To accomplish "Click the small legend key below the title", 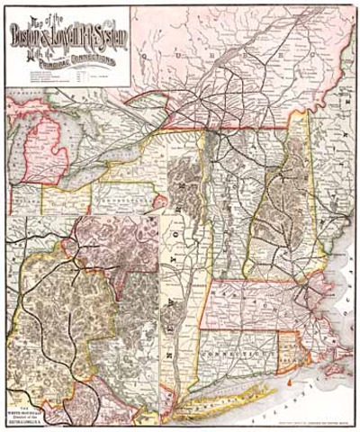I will point(67,76).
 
